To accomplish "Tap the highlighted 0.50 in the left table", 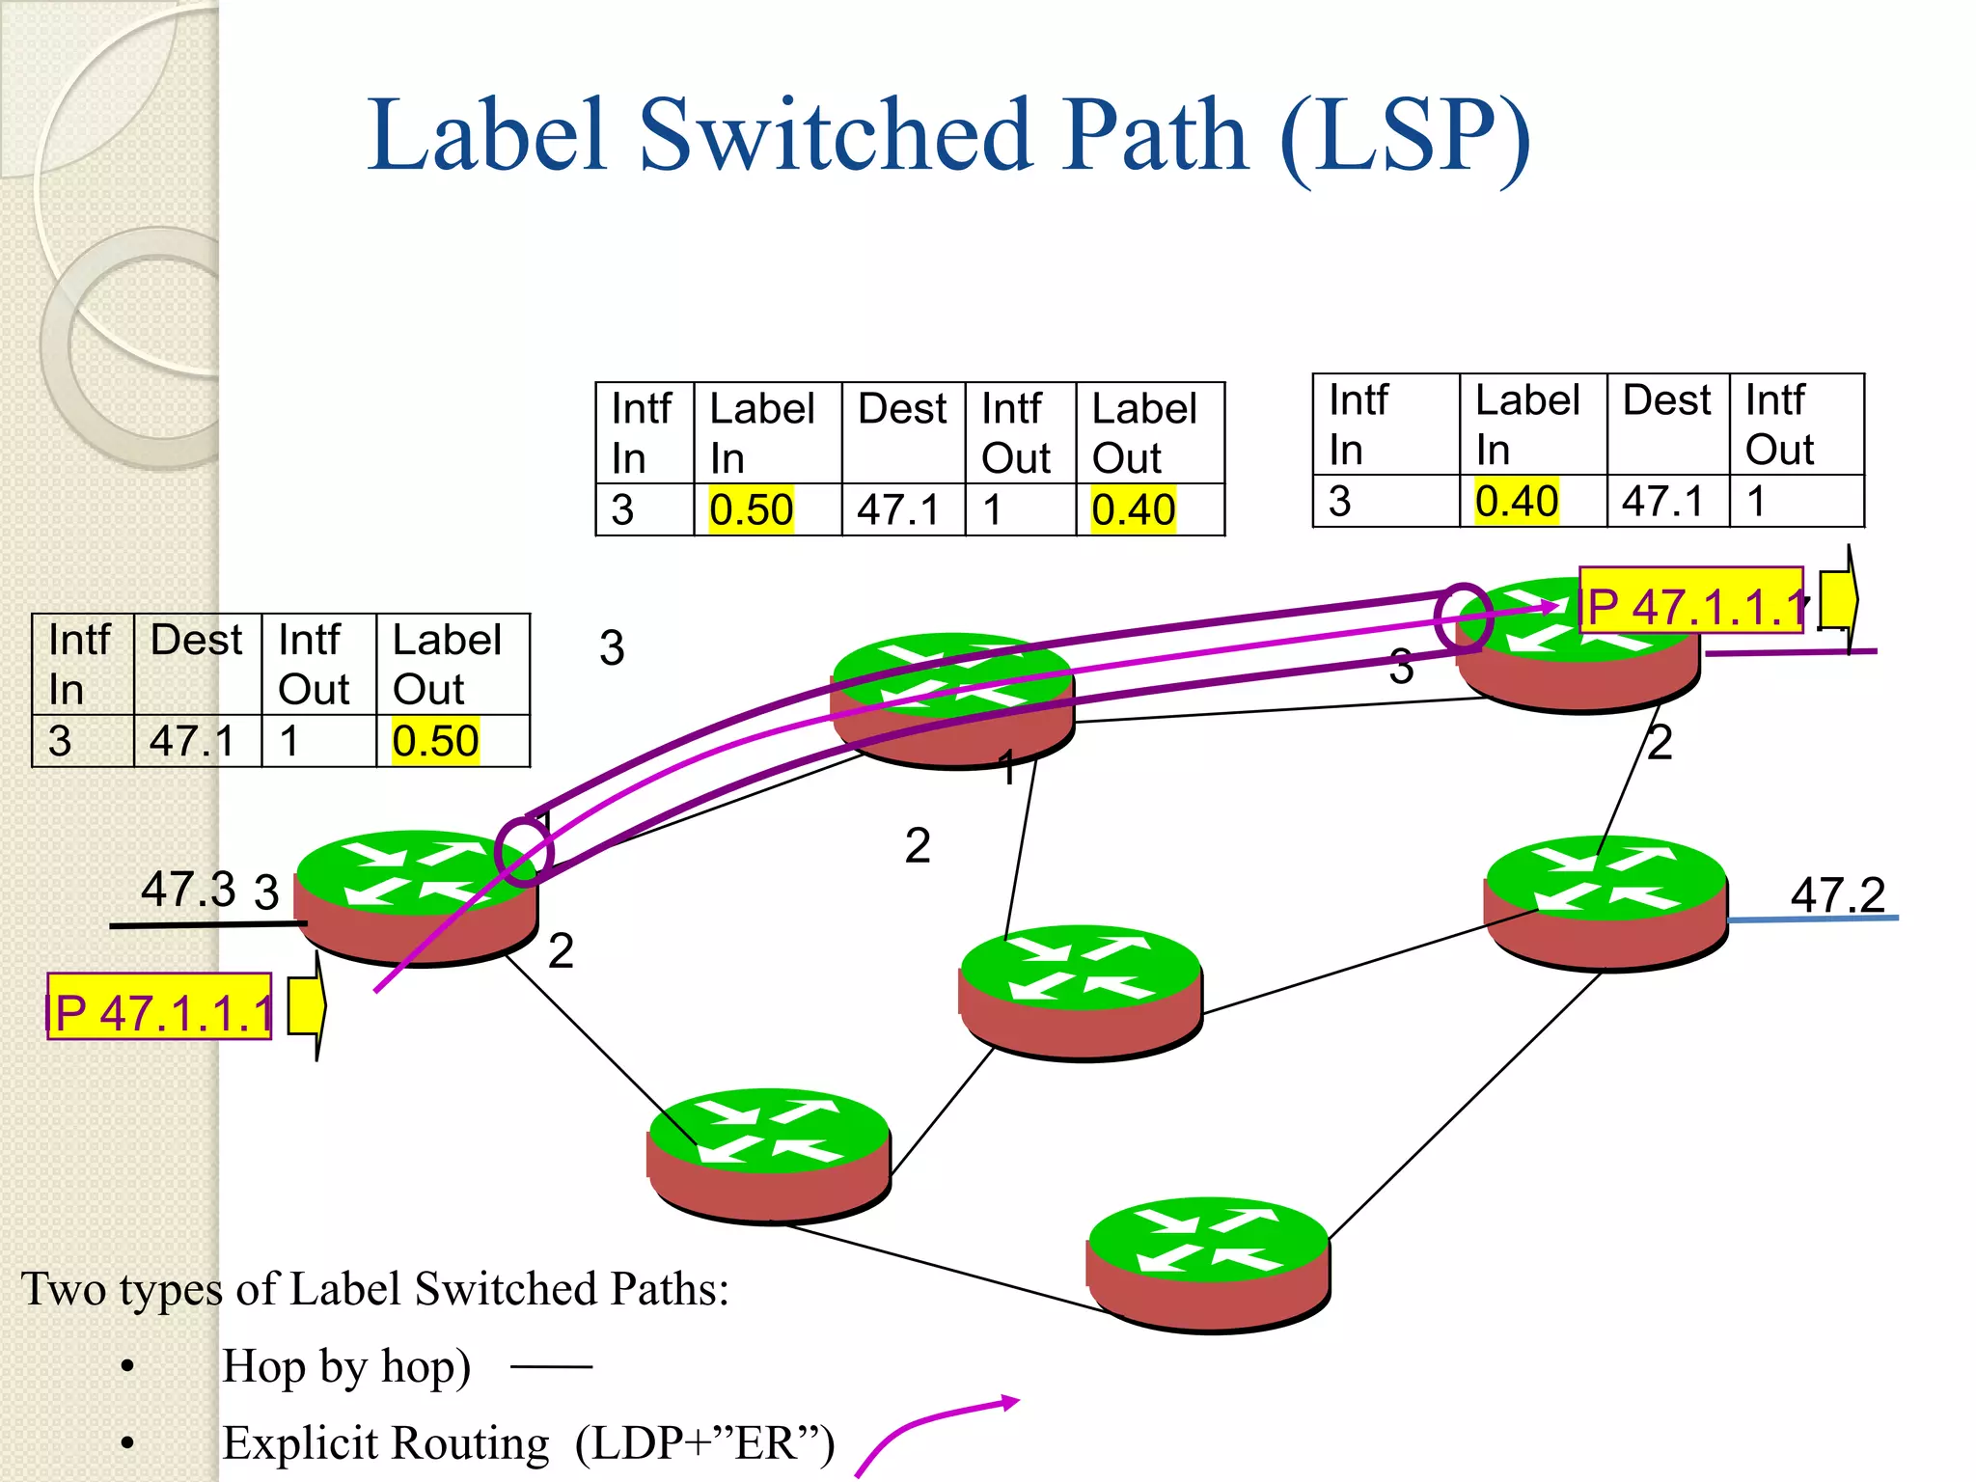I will click(435, 741).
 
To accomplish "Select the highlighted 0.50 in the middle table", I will click(751, 509).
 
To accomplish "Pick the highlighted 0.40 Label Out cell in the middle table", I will click(1133, 509).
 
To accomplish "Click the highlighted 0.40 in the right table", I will click(1516, 501).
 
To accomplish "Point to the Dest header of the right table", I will click(1666, 400).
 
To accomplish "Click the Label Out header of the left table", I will click(447, 664).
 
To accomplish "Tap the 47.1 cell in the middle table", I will click(897, 509).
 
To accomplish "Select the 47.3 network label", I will click(187, 889).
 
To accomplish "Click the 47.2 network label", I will click(1837, 894).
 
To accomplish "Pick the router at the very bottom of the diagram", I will click(1208, 1264).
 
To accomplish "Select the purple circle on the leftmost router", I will click(524, 852).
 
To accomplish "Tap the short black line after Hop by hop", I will click(551, 1366).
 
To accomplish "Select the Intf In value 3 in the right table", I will click(1339, 501).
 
